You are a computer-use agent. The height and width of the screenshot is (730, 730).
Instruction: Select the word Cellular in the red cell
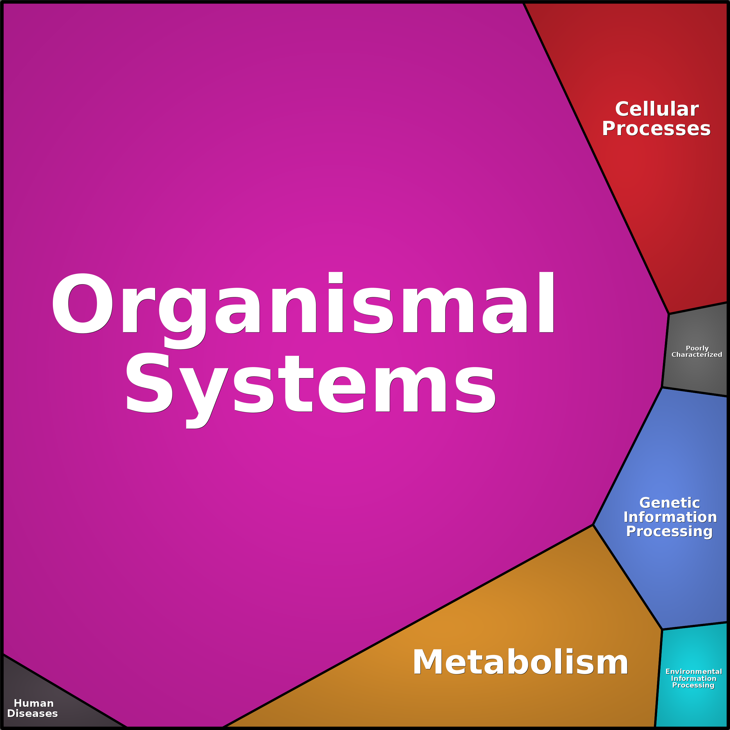(657, 109)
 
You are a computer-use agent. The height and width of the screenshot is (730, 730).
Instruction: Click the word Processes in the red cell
(656, 129)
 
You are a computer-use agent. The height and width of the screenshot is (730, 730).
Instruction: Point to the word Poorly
(697, 348)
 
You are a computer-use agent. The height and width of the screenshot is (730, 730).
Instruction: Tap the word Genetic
(670, 503)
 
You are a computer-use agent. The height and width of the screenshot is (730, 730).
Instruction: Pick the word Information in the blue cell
(670, 517)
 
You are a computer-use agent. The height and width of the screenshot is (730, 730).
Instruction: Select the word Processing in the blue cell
(669, 531)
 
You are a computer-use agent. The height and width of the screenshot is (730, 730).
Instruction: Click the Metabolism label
(520, 662)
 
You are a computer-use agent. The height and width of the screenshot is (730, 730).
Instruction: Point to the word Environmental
(694, 671)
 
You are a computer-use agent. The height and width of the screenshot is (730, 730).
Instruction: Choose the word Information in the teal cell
(693, 678)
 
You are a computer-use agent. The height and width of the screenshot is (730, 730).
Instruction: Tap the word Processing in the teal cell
(693, 685)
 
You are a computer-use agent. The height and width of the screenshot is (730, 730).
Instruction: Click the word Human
(34, 703)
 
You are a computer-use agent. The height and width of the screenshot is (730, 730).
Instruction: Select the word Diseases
(33, 713)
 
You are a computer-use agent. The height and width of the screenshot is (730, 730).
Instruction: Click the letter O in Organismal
(82, 303)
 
